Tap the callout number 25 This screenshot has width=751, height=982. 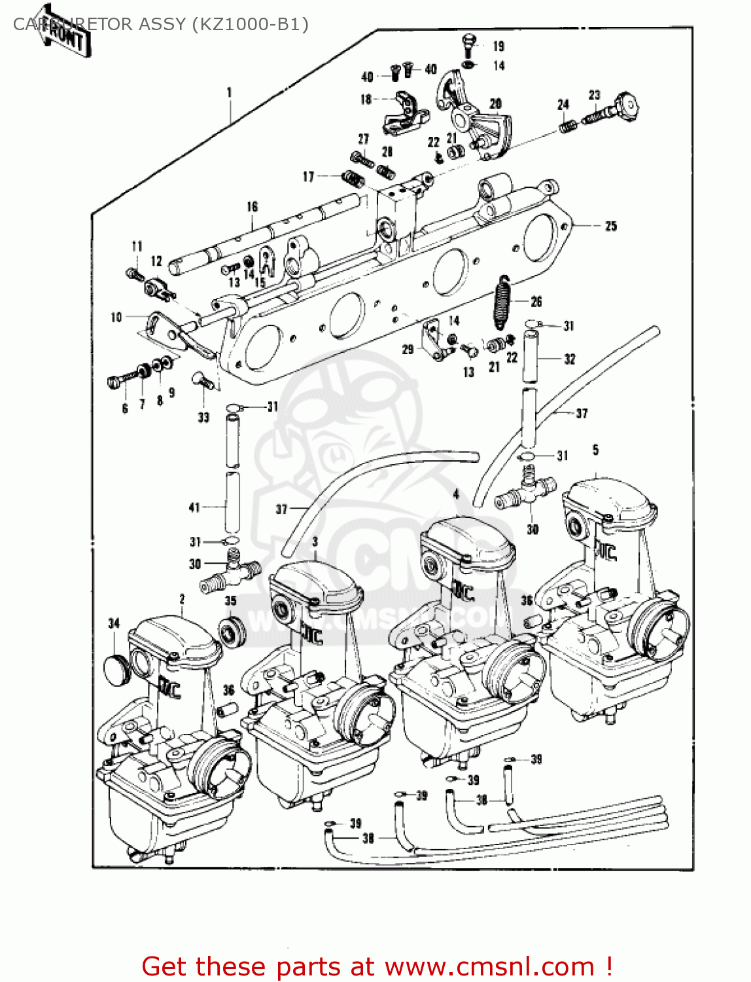(610, 226)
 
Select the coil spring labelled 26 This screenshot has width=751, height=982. (502, 302)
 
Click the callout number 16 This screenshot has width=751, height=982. (253, 207)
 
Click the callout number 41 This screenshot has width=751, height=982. (194, 507)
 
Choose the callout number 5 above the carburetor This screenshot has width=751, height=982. (595, 450)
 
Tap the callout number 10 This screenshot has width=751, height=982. (116, 318)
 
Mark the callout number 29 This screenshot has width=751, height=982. (408, 350)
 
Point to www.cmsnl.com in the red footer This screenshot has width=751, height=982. (489, 967)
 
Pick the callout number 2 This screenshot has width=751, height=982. (182, 598)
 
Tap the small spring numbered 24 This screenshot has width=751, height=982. (567, 125)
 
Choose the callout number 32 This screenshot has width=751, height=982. (569, 359)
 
